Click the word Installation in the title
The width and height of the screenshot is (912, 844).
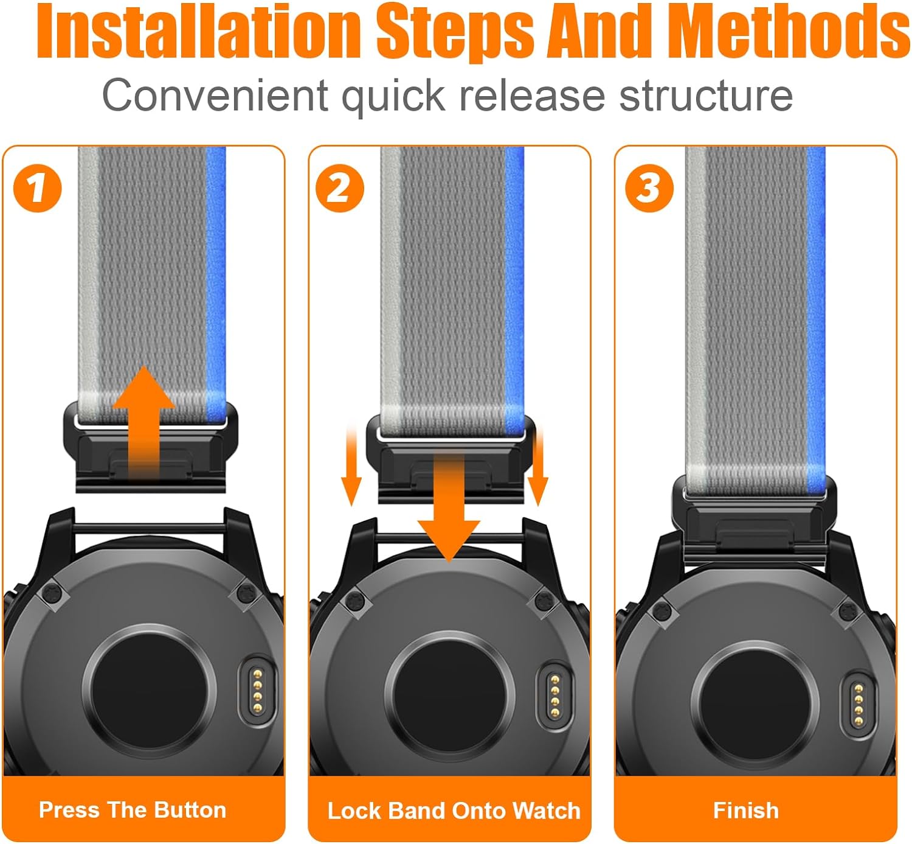tap(198, 31)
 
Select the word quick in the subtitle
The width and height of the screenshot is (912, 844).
tap(393, 97)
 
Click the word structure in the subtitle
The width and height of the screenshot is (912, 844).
tap(706, 96)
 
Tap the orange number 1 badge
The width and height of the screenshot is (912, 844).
tap(37, 188)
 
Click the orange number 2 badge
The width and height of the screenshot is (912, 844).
tap(340, 188)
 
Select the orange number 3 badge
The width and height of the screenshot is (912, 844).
tap(649, 188)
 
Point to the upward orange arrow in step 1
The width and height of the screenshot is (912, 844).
tap(143, 423)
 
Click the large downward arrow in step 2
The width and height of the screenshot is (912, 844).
tap(449, 506)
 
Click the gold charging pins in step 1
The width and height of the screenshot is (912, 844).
tap(258, 691)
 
